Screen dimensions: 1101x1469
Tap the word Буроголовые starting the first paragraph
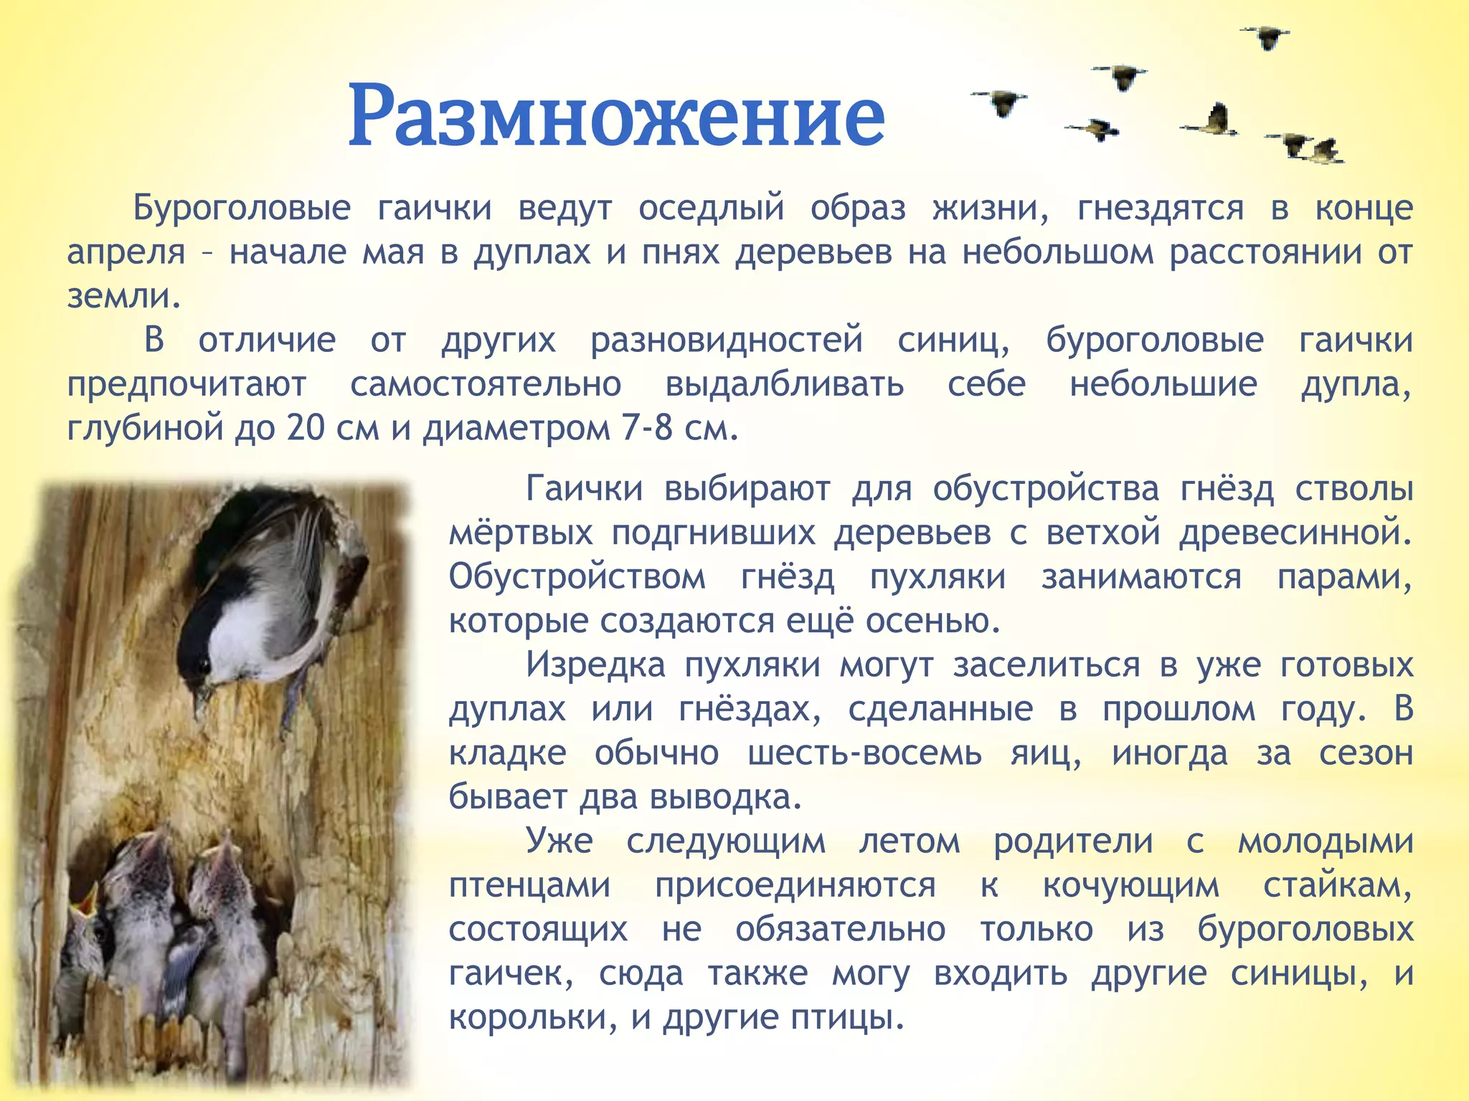coord(242,209)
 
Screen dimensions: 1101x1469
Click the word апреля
coord(126,252)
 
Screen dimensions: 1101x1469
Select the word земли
coord(123,296)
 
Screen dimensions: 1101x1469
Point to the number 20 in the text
coord(306,429)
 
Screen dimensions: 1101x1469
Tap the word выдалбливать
coord(785,384)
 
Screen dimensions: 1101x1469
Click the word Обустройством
coord(577,577)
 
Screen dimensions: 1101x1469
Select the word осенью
coord(932,621)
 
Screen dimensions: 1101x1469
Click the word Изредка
coord(596,664)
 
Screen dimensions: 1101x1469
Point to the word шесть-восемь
coord(864,753)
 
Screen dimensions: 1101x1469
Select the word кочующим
coord(1130,885)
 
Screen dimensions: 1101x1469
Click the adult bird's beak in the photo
coord(200,699)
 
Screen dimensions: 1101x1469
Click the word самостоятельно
coord(486,384)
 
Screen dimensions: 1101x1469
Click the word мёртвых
coord(521,533)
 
